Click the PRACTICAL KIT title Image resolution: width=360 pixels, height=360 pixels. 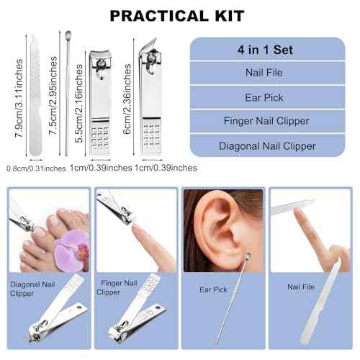pyautogui.click(x=177, y=15)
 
